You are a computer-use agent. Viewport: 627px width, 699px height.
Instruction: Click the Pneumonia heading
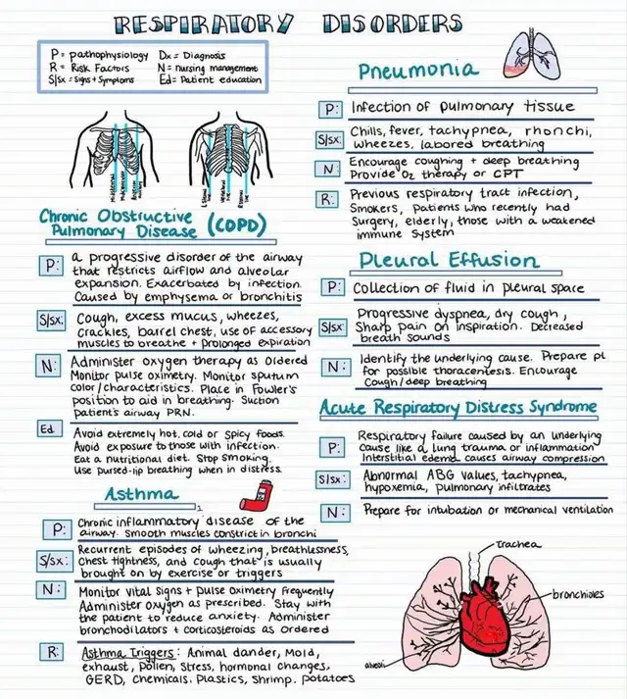(x=417, y=71)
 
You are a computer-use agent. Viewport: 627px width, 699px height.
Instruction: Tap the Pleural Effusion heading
(x=448, y=260)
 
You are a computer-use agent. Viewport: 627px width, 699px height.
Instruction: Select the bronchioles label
(x=576, y=593)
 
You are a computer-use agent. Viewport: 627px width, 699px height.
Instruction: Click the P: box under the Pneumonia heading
(x=331, y=107)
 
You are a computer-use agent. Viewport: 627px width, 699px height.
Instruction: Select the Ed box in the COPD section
(x=46, y=430)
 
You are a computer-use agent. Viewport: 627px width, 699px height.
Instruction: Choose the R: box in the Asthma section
(x=50, y=652)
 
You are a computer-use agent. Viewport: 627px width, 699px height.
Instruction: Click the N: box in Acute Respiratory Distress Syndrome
(x=333, y=513)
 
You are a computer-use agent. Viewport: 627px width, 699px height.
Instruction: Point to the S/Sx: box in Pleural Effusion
(x=331, y=325)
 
